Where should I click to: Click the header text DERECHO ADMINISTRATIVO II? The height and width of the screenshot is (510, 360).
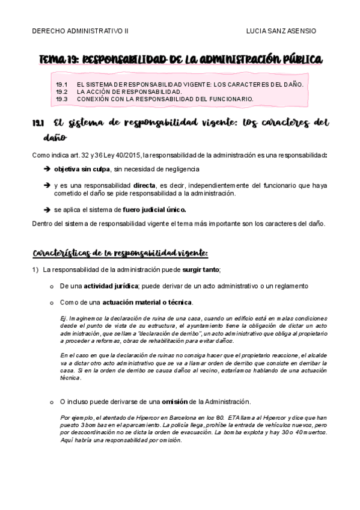click(x=84, y=31)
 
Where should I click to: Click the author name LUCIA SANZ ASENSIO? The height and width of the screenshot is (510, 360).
click(x=281, y=31)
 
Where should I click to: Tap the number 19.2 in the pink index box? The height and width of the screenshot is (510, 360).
click(x=62, y=91)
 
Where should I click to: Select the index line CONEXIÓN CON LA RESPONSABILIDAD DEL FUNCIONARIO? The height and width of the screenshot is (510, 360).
click(x=165, y=99)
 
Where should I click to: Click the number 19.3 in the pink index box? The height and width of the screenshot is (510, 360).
click(x=62, y=99)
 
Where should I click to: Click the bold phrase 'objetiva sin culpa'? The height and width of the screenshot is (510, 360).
click(x=82, y=170)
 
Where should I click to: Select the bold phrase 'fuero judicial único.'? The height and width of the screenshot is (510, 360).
click(x=157, y=210)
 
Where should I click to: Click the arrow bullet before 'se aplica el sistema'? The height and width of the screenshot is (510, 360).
click(x=47, y=210)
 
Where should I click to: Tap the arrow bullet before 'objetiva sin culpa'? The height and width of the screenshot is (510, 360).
click(x=47, y=170)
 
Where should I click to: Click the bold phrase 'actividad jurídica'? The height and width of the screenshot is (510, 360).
click(x=111, y=286)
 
